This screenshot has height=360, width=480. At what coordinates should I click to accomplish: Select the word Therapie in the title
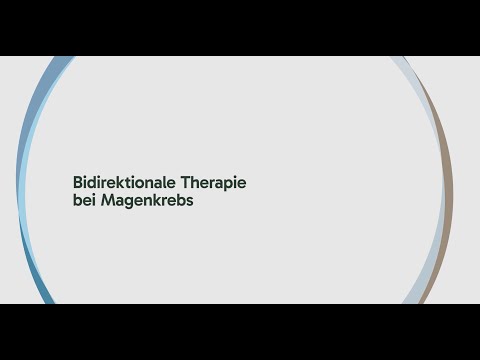pos(212,185)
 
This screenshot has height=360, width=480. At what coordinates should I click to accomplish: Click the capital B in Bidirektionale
pos(77,185)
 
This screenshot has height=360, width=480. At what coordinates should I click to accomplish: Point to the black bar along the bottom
pos(240,332)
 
